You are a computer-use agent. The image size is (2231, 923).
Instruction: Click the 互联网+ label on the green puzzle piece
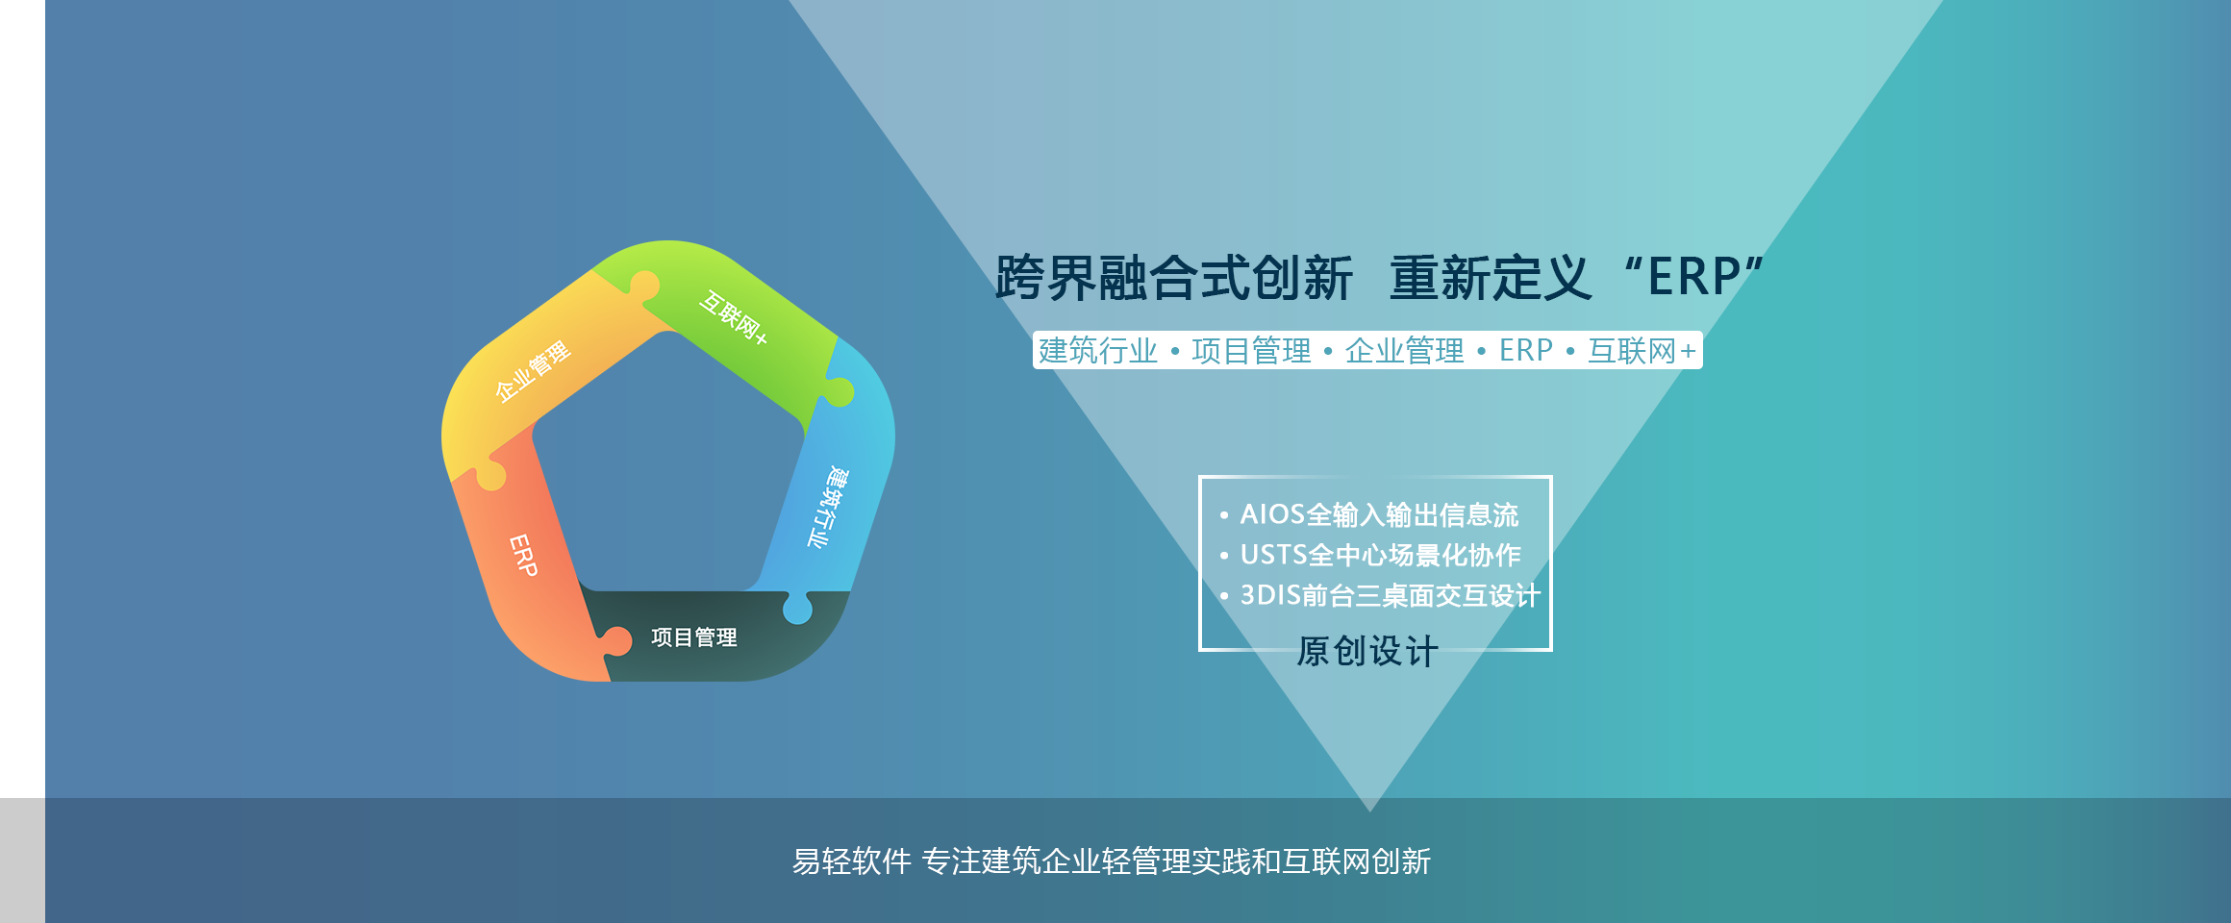coord(734,317)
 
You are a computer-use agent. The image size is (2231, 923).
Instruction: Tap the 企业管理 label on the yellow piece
coord(533,370)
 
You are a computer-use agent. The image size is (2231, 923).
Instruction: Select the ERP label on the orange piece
coord(523,555)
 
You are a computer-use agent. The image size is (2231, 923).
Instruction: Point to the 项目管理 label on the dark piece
coord(693,637)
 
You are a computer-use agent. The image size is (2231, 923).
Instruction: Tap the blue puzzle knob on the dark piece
coord(797,608)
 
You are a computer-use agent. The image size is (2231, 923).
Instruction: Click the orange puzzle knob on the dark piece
coord(615,641)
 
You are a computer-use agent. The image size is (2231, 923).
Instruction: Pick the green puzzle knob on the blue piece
coord(838,391)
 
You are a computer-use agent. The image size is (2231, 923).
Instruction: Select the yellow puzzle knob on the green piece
coord(643,286)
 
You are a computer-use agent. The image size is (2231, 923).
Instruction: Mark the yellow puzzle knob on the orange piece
coord(490,475)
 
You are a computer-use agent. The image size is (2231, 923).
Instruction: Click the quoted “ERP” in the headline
coord(1693,277)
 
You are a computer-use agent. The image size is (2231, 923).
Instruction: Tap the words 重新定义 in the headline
coord(1491,278)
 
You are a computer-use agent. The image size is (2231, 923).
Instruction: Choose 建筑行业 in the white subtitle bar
coord(1098,351)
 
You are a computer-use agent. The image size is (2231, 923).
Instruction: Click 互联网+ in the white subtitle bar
coord(1642,351)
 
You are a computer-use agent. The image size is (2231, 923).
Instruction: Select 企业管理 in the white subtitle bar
coord(1405,351)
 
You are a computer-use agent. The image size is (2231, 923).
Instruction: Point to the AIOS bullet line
coord(1369,515)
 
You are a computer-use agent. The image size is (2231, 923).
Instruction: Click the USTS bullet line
coord(1370,556)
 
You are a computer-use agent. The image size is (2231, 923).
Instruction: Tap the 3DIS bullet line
coord(1380,596)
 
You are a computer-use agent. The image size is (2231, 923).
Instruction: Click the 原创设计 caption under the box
coord(1367,652)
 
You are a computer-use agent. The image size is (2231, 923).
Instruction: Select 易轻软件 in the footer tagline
coord(851,861)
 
